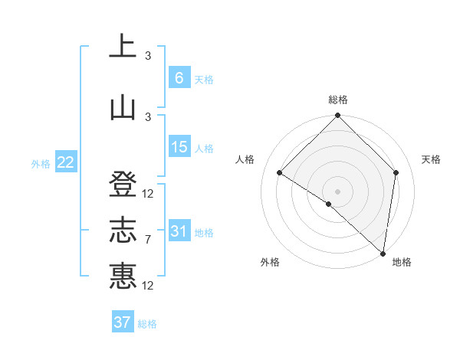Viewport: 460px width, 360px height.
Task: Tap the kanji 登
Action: (x=123, y=184)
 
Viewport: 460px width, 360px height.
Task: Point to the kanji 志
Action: (x=123, y=230)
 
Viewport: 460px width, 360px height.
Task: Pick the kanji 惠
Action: (x=123, y=275)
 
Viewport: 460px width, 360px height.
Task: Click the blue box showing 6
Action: (x=179, y=78)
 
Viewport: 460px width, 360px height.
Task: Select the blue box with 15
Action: (x=179, y=147)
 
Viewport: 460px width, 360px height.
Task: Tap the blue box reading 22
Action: (x=65, y=162)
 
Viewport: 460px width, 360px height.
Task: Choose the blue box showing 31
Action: (x=179, y=231)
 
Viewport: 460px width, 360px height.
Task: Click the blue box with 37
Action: (x=123, y=322)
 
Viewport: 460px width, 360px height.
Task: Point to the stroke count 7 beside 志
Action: (x=148, y=240)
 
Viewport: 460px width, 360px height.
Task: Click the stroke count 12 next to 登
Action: (x=148, y=194)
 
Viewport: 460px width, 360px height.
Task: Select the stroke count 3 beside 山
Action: (x=148, y=116)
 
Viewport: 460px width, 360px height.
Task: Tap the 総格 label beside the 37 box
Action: (x=147, y=324)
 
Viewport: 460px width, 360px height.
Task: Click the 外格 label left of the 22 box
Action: (x=41, y=163)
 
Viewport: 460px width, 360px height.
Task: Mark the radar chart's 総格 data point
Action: (x=337, y=116)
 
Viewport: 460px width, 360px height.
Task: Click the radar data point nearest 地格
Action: (x=383, y=253)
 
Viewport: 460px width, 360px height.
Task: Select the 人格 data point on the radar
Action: (x=280, y=172)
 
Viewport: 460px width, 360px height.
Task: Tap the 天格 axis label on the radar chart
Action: (x=432, y=159)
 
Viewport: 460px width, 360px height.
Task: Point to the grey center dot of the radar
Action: (x=337, y=191)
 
